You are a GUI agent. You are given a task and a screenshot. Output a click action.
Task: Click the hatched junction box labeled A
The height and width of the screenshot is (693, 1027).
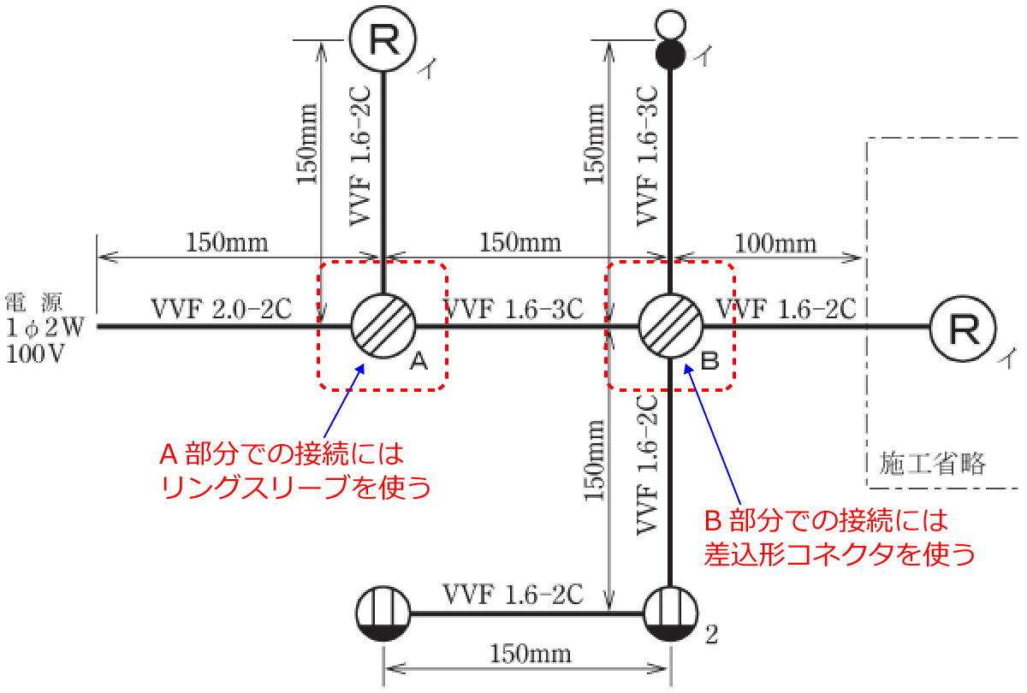pyautogui.click(x=383, y=326)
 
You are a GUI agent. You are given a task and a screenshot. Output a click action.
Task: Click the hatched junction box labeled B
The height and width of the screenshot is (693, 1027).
pyautogui.click(x=671, y=326)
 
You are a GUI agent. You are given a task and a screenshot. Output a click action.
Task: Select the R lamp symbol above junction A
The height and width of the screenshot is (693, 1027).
pyautogui.click(x=383, y=38)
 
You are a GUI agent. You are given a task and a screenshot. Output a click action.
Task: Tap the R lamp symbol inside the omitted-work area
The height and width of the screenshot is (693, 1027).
pyautogui.click(x=964, y=329)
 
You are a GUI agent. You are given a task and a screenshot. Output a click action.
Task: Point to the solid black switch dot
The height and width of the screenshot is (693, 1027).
pyautogui.click(x=671, y=55)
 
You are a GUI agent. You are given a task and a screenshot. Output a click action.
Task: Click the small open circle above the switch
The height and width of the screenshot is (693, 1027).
pyautogui.click(x=671, y=25)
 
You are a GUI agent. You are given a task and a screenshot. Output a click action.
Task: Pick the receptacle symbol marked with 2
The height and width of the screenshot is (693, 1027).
pyautogui.click(x=671, y=613)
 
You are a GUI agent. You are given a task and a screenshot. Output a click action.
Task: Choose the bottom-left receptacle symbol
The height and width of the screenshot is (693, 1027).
pyautogui.click(x=383, y=613)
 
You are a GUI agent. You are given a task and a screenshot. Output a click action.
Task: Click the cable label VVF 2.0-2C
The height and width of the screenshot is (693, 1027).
pyautogui.click(x=221, y=309)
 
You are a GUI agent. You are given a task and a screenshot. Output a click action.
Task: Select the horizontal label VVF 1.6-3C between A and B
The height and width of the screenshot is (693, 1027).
pyautogui.click(x=513, y=309)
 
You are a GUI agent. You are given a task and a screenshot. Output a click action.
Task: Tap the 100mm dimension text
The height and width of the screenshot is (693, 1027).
pyautogui.click(x=775, y=243)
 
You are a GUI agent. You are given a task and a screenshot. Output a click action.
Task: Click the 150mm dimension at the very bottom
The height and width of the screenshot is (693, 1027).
pyautogui.click(x=531, y=654)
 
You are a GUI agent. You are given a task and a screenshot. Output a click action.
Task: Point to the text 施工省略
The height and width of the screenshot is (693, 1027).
pyautogui.click(x=933, y=463)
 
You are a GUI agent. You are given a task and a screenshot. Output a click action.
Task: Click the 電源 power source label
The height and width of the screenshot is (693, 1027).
pyautogui.click(x=33, y=303)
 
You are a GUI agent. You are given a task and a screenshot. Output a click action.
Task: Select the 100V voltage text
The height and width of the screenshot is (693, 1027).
pyautogui.click(x=35, y=354)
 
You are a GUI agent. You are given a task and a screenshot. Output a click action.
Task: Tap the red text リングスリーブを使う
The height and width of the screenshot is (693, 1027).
pyautogui.click(x=296, y=487)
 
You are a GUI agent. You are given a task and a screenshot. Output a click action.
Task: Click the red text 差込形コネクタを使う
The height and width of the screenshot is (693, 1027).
pyautogui.click(x=840, y=554)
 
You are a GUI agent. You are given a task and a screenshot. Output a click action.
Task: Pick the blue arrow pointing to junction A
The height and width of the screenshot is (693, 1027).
pyautogui.click(x=344, y=401)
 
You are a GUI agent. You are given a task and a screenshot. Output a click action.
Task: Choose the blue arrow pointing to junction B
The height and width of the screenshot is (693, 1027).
pyautogui.click(x=712, y=434)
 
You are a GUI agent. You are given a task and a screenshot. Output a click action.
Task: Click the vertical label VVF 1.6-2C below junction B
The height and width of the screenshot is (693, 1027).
pyautogui.click(x=647, y=465)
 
